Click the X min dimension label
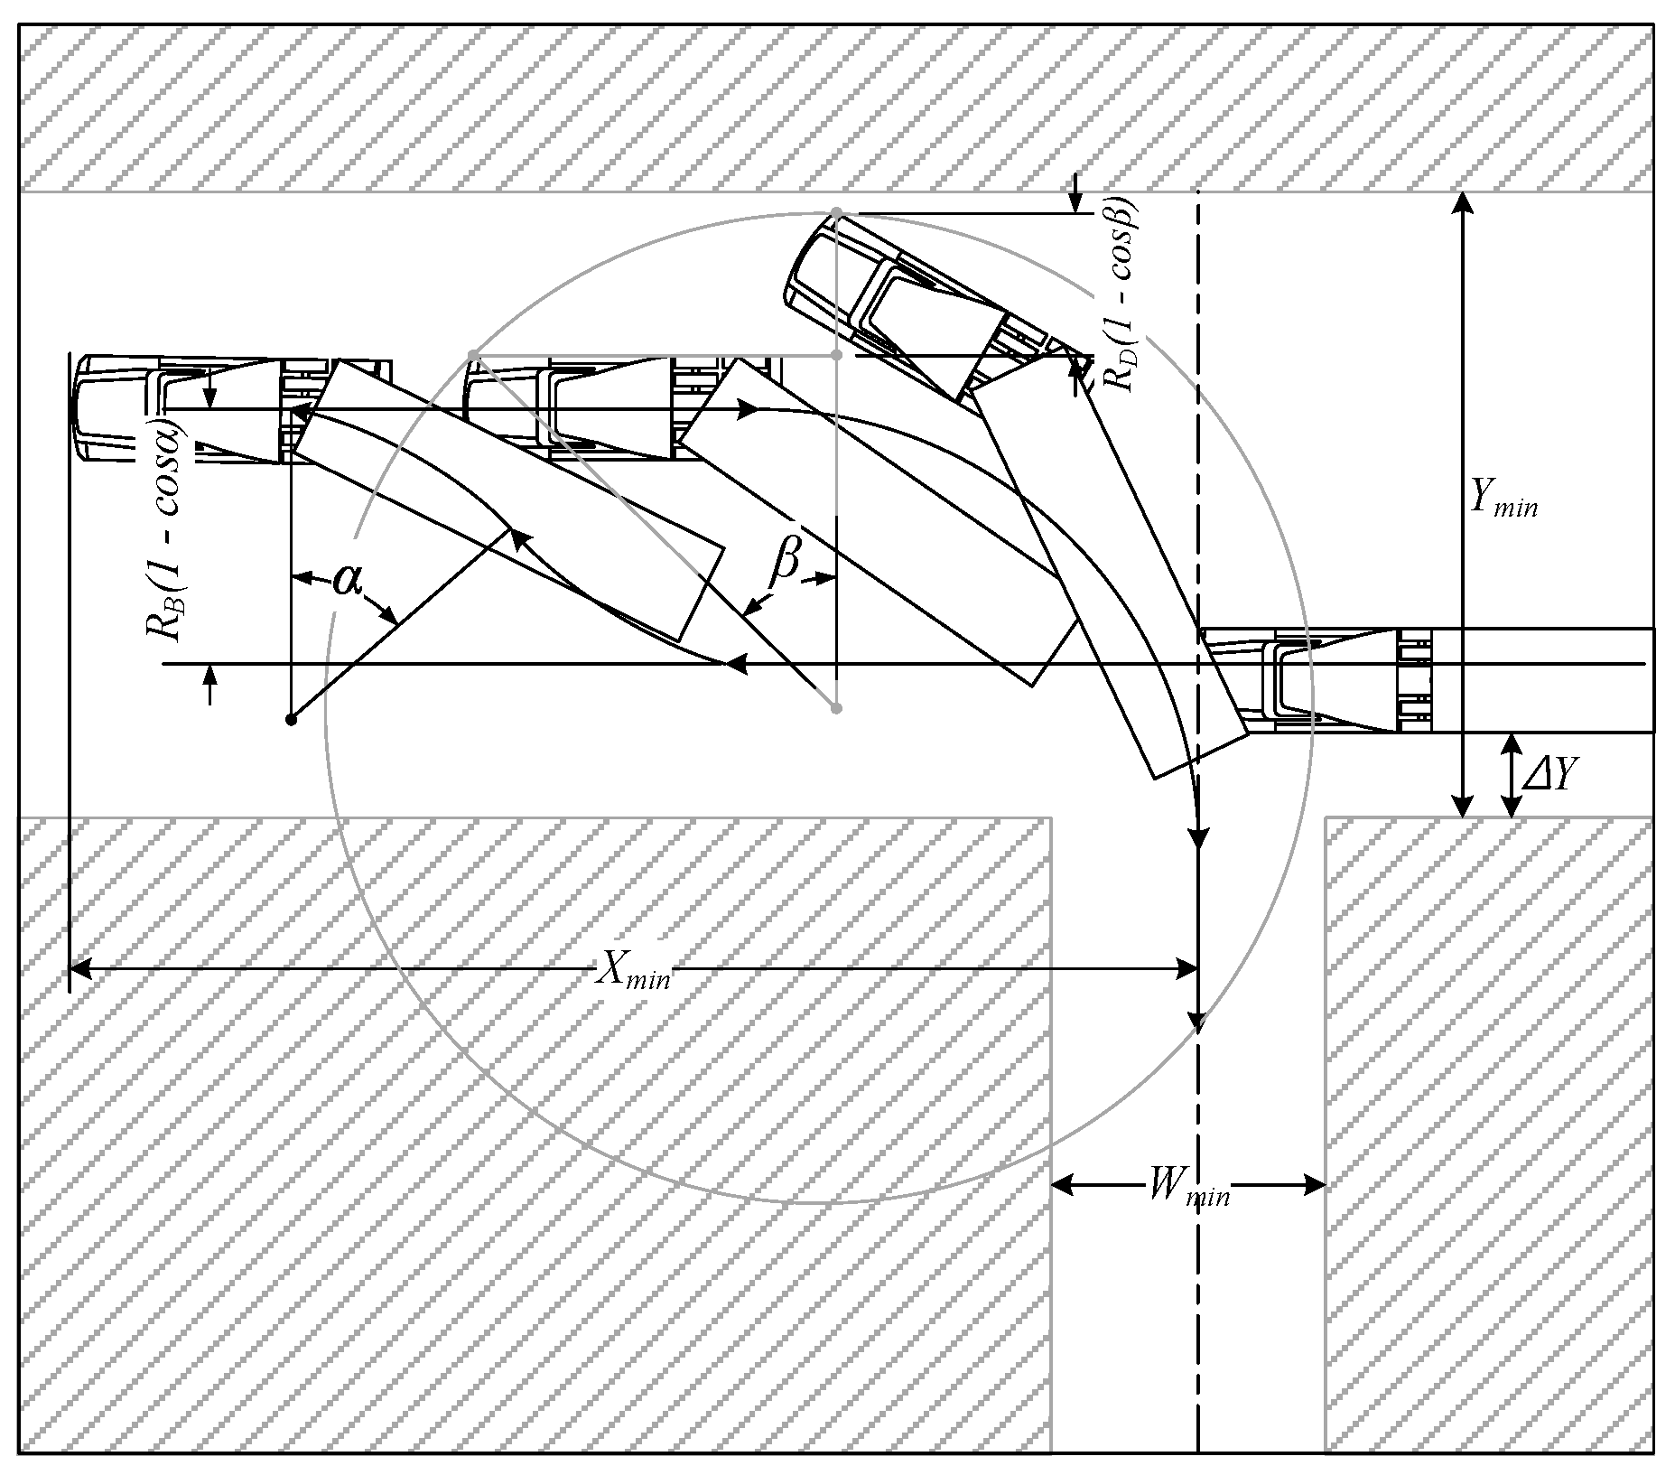point(634,973)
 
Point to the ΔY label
point(1549,775)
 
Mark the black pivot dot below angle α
point(291,720)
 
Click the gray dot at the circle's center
point(836,708)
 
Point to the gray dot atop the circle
point(836,213)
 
